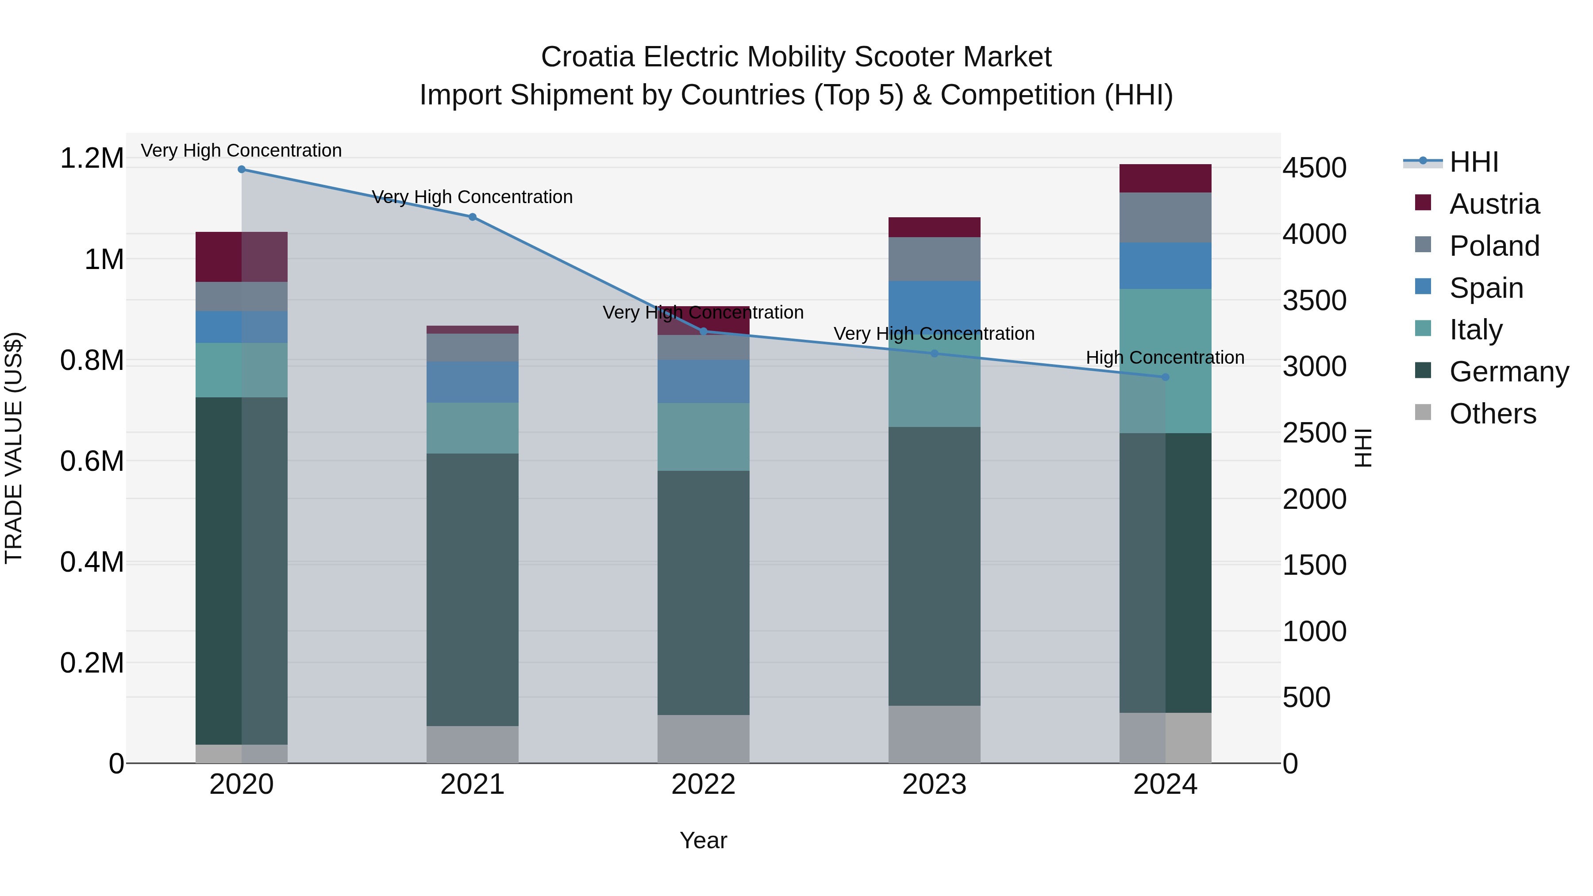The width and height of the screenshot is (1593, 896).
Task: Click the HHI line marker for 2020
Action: (242, 169)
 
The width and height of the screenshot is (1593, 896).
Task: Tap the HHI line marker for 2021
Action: (473, 217)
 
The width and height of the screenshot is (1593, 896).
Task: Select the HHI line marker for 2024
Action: (1166, 377)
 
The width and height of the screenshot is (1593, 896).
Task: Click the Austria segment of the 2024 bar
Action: (1165, 179)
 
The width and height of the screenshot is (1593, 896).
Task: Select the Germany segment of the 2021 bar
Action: (473, 589)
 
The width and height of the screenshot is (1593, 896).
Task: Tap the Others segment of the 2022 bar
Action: (703, 739)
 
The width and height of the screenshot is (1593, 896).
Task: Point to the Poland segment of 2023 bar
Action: (935, 259)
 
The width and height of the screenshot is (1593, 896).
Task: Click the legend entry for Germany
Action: (1509, 372)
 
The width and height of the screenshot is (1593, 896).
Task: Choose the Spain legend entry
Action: (1486, 288)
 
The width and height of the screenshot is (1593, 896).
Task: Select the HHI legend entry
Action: (1474, 162)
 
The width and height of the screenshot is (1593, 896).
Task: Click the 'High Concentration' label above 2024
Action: (1165, 358)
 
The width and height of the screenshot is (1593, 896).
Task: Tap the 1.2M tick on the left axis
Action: (92, 158)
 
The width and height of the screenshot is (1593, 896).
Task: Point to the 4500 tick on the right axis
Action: (1314, 168)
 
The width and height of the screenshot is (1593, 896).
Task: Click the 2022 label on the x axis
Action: (703, 784)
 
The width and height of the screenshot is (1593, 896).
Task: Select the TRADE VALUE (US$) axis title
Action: (14, 448)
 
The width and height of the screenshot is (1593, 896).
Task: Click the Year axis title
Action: (703, 840)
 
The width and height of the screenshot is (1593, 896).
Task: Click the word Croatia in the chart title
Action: (588, 57)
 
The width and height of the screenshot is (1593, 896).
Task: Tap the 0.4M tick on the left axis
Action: (92, 562)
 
